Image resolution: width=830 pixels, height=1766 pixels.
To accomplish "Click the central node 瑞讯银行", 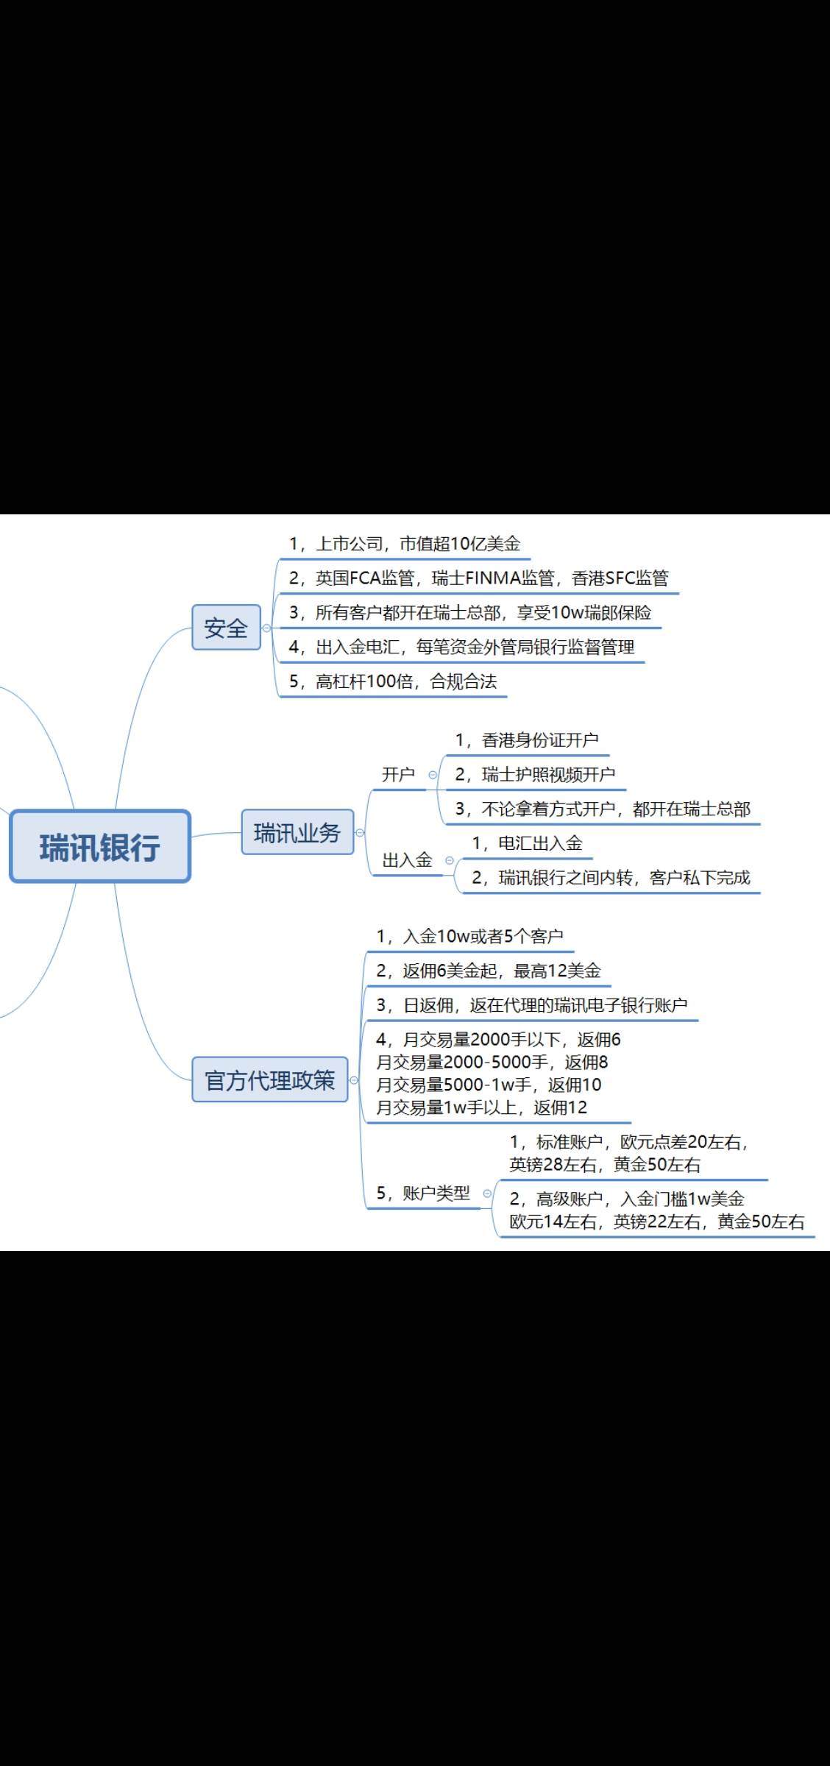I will coord(100,846).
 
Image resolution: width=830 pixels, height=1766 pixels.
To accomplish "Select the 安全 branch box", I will coord(226,628).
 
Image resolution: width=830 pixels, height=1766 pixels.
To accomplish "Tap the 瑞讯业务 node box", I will coord(297,833).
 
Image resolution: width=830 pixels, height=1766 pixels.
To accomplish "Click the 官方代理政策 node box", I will coord(269,1080).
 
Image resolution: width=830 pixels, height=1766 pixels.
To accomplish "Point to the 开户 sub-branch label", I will coord(398,774).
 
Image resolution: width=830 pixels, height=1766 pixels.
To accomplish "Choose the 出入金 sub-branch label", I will coord(407,860).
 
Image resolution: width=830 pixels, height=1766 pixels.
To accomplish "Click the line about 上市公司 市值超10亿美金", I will coord(404,544).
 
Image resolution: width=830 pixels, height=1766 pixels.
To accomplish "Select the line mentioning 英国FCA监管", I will coord(478,578).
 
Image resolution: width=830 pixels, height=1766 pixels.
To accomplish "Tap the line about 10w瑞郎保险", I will coord(469,613).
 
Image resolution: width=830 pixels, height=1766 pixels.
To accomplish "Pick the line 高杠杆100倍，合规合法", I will coord(393,681).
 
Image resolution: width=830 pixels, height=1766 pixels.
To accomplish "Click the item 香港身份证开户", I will coord(527,740).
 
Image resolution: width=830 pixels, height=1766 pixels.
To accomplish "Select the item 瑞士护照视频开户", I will coord(535,774).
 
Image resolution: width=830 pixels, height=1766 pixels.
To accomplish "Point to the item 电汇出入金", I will coord(527,843).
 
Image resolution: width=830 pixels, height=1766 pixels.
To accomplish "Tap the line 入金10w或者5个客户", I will coord(469,936).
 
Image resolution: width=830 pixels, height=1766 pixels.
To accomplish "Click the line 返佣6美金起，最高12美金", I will coord(489,971).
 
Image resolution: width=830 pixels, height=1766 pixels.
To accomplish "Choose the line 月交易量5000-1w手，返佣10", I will coord(489,1085).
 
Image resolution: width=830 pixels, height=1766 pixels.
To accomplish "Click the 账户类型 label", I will coord(423,1193).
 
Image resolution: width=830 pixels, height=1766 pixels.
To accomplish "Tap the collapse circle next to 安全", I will coord(266,628).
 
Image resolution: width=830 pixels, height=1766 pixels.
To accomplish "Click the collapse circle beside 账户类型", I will coord(487,1194).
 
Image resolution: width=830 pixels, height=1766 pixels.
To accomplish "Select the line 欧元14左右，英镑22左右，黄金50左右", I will coord(657,1221).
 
